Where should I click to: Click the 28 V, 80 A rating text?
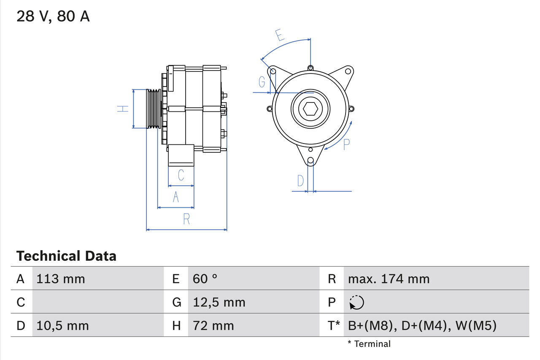click(x=53, y=16)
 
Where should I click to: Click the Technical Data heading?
click(x=66, y=256)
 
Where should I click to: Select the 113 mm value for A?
click(x=61, y=279)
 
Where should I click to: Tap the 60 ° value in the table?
click(x=205, y=279)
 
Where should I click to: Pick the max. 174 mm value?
click(x=389, y=279)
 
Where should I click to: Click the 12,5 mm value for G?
click(x=219, y=302)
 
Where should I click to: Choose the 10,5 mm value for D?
click(x=62, y=325)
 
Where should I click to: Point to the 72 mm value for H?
click(x=213, y=325)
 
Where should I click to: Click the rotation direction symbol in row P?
click(x=356, y=302)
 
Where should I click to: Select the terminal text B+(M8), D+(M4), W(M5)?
click(x=422, y=325)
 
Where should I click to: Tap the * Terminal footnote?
click(x=369, y=344)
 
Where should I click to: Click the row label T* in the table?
click(x=334, y=325)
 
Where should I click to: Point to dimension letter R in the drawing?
click(x=186, y=219)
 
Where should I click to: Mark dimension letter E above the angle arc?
click(x=279, y=35)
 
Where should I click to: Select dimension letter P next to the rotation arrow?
click(x=346, y=145)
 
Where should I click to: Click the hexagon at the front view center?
click(x=310, y=109)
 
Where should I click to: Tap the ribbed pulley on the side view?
click(x=154, y=109)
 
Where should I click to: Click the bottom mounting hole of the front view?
click(x=310, y=160)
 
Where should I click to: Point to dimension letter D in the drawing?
click(x=300, y=181)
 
